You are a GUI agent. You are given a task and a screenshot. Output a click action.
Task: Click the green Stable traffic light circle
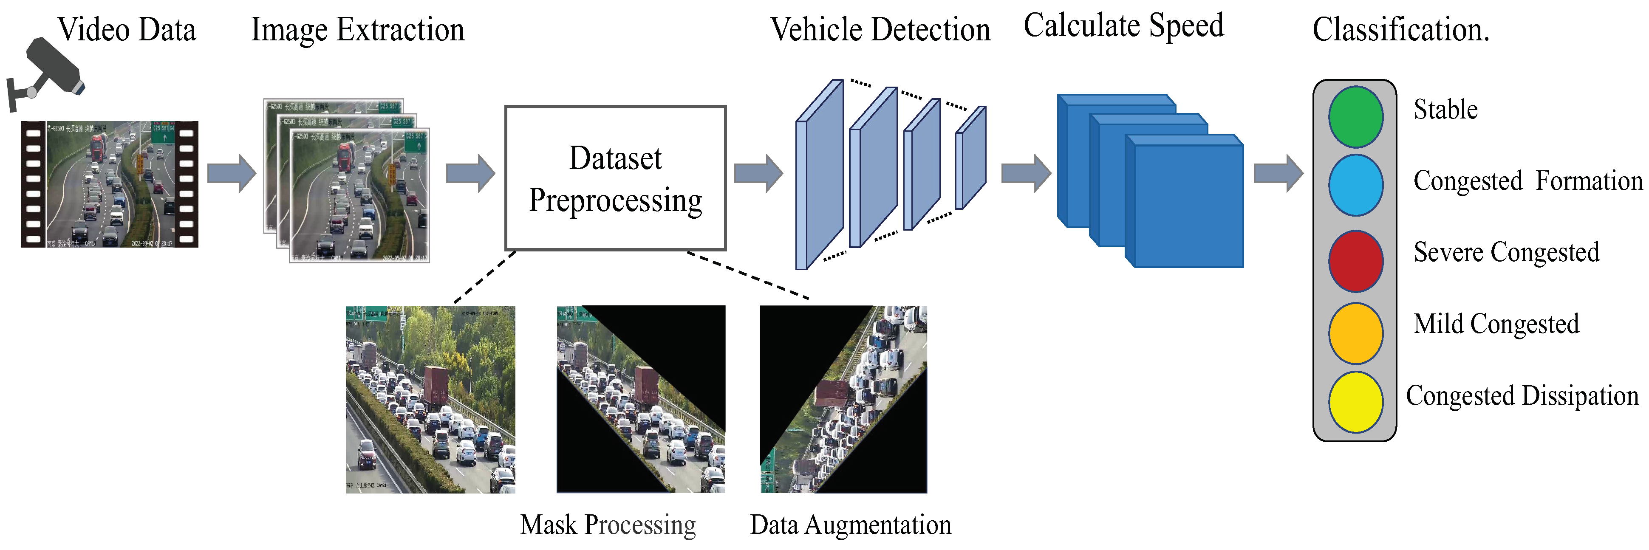(1355, 117)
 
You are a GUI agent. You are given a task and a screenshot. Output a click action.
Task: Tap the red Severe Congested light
(1355, 261)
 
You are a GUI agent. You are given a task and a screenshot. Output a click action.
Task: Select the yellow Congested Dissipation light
(1355, 402)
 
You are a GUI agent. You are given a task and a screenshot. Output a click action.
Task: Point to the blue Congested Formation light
(1355, 185)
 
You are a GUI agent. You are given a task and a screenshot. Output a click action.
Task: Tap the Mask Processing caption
(608, 525)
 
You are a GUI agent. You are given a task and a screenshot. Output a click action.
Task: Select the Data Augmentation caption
(850, 525)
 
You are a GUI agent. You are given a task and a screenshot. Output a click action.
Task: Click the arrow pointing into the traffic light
(1278, 173)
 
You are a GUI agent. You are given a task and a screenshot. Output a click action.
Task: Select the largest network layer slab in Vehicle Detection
(819, 175)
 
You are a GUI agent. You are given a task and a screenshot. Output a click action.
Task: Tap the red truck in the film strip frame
(99, 147)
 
